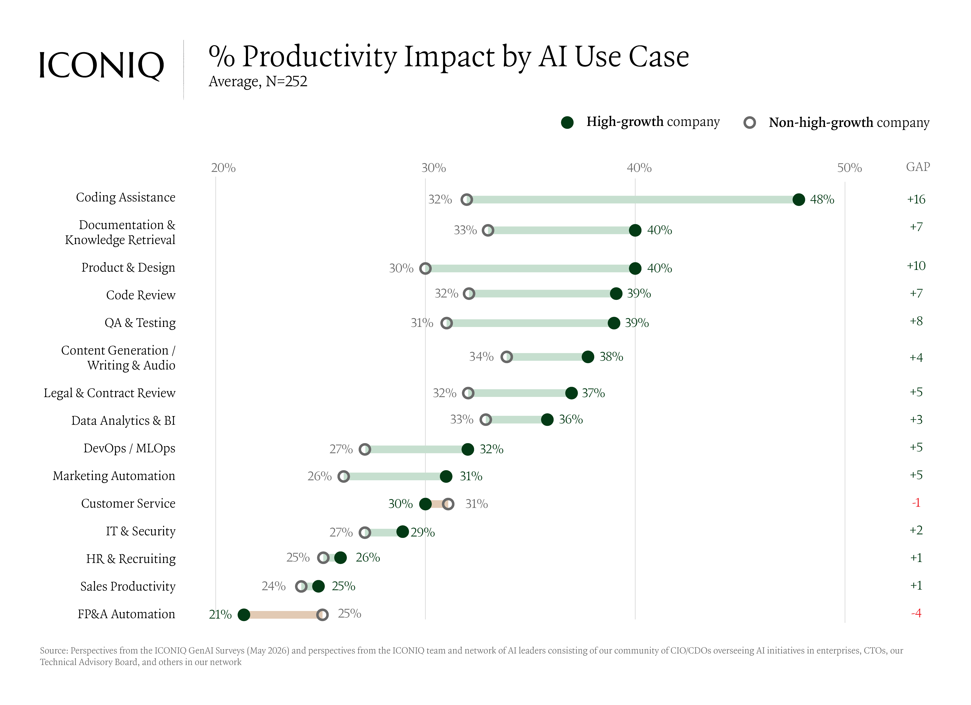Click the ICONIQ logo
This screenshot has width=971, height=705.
coord(101,66)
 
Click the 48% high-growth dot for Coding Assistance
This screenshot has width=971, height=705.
coord(799,199)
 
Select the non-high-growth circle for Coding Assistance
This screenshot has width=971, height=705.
coord(467,199)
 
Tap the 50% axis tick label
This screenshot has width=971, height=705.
coord(850,168)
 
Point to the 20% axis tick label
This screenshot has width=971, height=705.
coord(223,168)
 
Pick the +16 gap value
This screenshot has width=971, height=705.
coord(916,199)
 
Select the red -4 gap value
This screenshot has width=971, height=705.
coord(916,613)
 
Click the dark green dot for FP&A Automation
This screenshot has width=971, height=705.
coord(244,615)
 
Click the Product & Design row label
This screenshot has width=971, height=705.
coord(128,267)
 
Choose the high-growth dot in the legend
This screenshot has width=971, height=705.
coord(567,123)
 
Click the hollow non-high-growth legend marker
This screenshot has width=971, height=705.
coord(750,123)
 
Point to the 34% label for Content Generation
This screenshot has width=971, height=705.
coord(481,357)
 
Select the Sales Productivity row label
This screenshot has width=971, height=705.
coord(128,586)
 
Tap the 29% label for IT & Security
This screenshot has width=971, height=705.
coord(423,532)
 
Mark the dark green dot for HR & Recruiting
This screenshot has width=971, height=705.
coord(340,557)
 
